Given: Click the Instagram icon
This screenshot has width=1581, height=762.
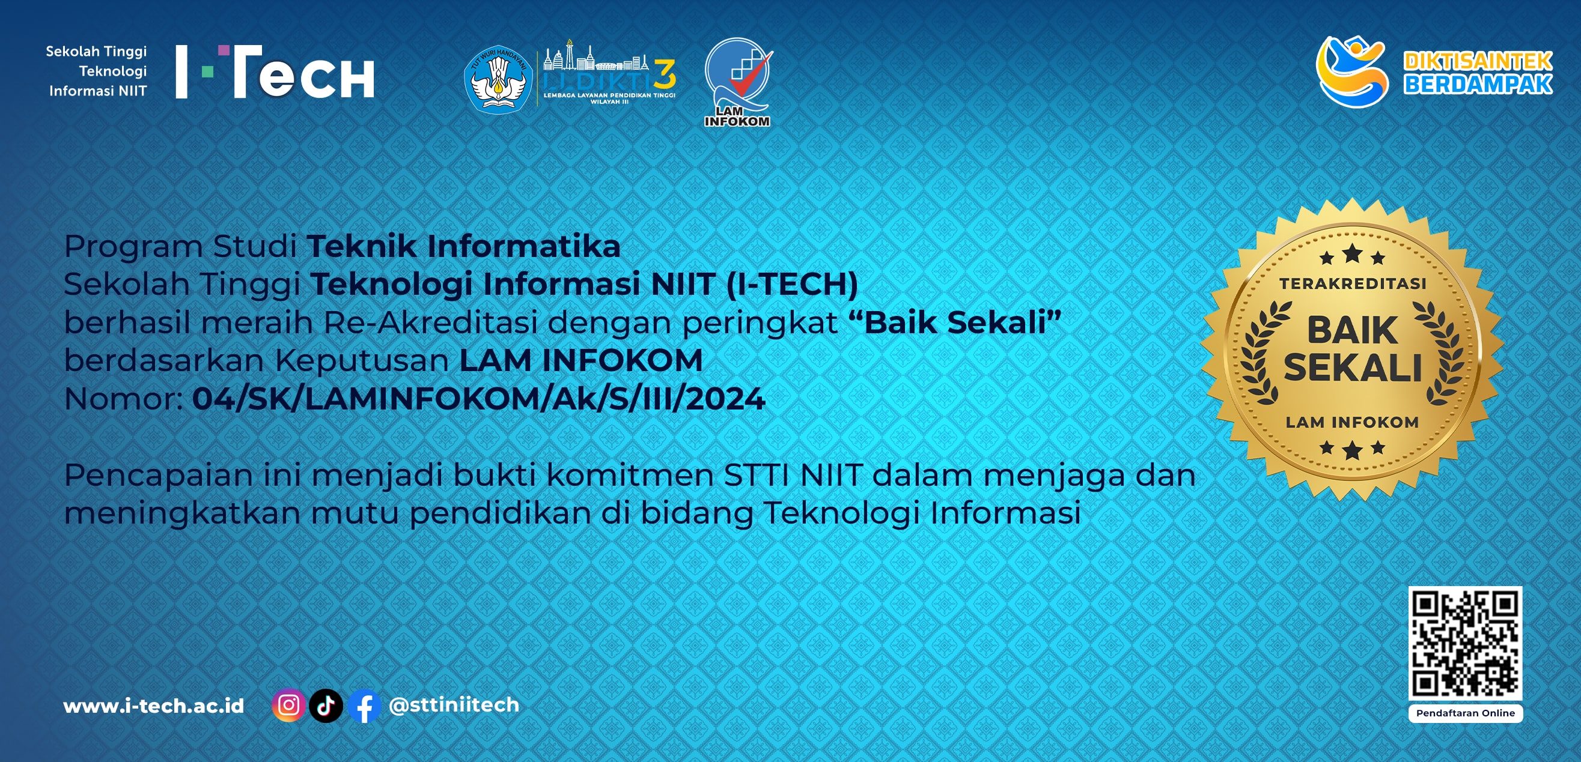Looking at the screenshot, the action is (x=288, y=706).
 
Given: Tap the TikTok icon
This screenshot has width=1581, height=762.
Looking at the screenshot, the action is (x=326, y=706).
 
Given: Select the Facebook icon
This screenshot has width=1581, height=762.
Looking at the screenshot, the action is (x=365, y=706).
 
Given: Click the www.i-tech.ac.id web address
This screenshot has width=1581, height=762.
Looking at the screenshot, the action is (x=153, y=706).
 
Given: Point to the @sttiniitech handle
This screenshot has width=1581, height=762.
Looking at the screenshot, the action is (x=454, y=705).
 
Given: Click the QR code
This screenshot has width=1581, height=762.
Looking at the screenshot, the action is (x=1465, y=643).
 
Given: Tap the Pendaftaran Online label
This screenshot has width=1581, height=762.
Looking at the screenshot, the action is (x=1466, y=713).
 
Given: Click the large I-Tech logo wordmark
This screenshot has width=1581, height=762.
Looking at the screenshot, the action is (x=275, y=72).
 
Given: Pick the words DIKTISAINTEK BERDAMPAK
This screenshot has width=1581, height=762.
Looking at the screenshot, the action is (x=1478, y=73).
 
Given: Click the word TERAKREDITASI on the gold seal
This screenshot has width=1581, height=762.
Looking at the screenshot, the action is (x=1352, y=283).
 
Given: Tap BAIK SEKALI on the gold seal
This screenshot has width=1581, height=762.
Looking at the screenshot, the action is (x=1353, y=349).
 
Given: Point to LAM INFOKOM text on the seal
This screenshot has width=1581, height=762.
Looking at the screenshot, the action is (x=1352, y=422).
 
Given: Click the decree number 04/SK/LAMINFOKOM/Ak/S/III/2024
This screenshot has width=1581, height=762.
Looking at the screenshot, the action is (x=479, y=398).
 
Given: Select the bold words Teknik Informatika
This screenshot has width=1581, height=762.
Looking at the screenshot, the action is (x=464, y=246).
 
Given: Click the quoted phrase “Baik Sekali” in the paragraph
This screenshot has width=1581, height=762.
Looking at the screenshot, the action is (x=955, y=322).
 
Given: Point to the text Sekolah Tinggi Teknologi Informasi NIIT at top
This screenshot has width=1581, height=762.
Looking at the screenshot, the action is (x=97, y=71).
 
